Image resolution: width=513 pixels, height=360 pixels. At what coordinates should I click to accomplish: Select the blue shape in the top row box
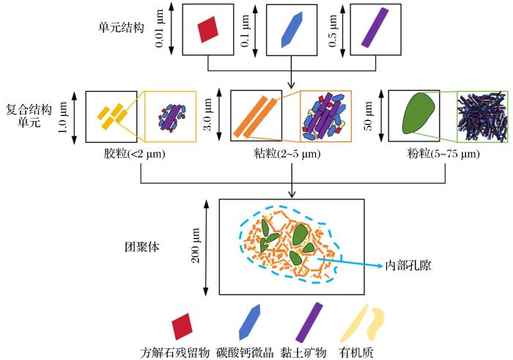click(x=291, y=29)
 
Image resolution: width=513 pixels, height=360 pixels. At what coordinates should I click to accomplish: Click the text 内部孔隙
click(x=408, y=265)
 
